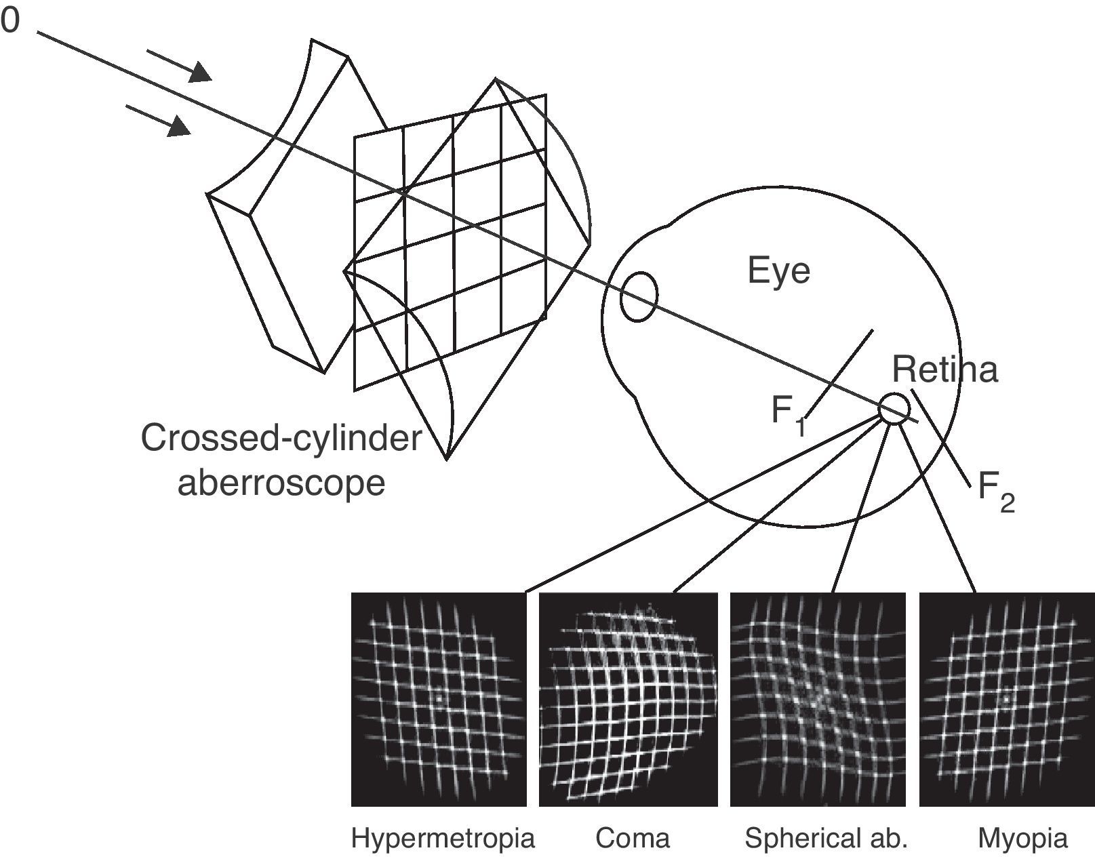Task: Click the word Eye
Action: click(x=778, y=271)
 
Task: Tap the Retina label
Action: click(x=944, y=370)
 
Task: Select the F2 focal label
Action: click(x=996, y=491)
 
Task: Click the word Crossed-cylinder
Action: click(x=281, y=439)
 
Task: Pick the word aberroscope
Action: click(x=281, y=483)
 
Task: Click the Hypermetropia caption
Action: click(x=443, y=839)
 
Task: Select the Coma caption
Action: click(x=632, y=839)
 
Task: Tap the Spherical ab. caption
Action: click(x=825, y=839)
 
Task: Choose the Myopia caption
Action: click(x=1022, y=839)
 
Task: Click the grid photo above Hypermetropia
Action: click(x=439, y=699)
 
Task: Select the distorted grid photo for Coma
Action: click(x=628, y=699)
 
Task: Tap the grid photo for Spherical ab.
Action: click(x=818, y=699)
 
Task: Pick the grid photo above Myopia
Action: click(x=1007, y=699)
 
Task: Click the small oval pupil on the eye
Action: click(x=639, y=297)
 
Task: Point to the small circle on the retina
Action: click(x=894, y=409)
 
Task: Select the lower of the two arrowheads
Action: click(x=179, y=127)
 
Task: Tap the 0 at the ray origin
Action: click(x=9, y=22)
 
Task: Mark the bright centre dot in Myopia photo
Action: click(x=1006, y=697)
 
